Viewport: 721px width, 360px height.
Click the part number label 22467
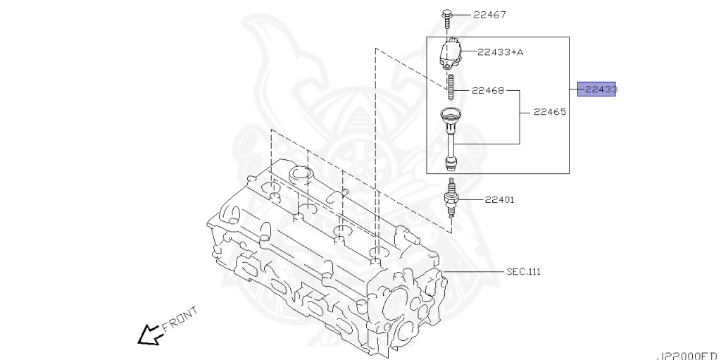pyautogui.click(x=489, y=14)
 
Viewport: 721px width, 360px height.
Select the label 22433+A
pyautogui.click(x=501, y=51)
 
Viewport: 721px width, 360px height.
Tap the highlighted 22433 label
pyautogui.click(x=597, y=89)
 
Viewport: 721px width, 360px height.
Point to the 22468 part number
pyautogui.click(x=488, y=90)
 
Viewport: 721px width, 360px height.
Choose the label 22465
pyautogui.click(x=550, y=111)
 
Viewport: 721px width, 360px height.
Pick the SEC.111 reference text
pyautogui.click(x=524, y=271)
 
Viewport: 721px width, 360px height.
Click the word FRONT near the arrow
pyautogui.click(x=180, y=318)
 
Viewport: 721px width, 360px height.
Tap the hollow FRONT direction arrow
pyautogui.click(x=149, y=334)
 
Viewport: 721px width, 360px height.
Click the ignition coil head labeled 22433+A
pyautogui.click(x=451, y=54)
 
